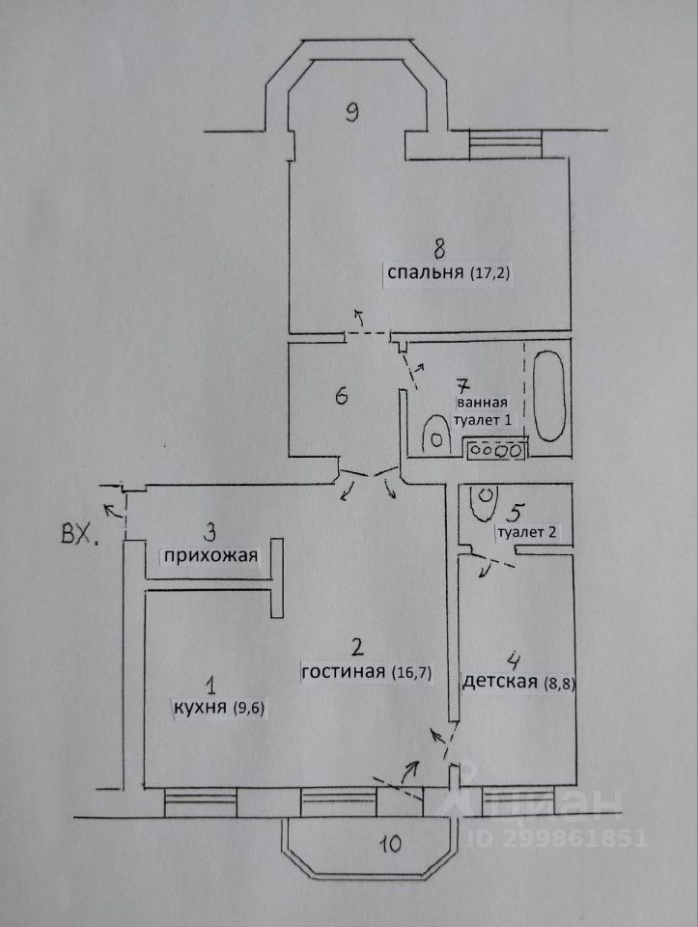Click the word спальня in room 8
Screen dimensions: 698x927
426,273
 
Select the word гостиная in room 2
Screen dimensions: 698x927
345,671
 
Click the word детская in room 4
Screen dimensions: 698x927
499,682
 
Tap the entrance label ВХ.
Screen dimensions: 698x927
79,534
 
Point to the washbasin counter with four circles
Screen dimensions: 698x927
494,448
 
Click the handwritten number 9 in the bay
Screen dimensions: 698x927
352,112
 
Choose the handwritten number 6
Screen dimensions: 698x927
339,396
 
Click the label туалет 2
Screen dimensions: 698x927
526,532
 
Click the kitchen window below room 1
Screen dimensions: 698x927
199,801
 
